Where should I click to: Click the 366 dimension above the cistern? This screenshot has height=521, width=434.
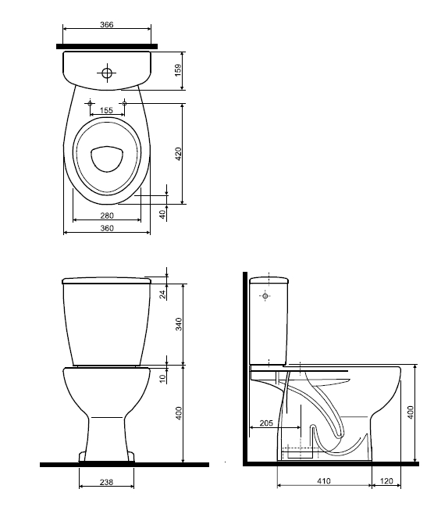[107, 25]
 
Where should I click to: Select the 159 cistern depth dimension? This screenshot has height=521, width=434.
[178, 70]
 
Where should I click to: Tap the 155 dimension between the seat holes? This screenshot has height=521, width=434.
[107, 111]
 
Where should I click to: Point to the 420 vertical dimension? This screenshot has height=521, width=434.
[178, 153]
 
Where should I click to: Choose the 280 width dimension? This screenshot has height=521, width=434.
[107, 216]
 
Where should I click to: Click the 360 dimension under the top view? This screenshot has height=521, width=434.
[107, 228]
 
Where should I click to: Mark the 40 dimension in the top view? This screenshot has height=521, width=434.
[162, 213]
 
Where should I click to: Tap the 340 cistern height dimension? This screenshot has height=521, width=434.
[178, 325]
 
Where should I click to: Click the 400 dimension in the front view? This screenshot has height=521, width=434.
[178, 414]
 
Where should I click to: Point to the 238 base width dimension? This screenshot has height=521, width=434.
[107, 483]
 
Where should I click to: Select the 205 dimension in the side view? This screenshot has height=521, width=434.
[265, 423]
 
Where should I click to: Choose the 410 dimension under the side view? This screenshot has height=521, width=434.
[323, 482]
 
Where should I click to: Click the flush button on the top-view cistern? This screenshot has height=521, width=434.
[107, 74]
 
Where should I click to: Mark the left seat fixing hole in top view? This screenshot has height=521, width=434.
[91, 102]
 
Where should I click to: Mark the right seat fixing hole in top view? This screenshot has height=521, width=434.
[123, 102]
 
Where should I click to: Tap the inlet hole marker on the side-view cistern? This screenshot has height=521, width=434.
[266, 297]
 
